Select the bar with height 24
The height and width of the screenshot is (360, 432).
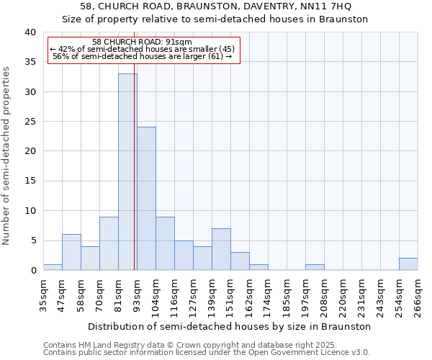(146, 199)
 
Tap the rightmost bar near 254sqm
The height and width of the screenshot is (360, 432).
(408, 264)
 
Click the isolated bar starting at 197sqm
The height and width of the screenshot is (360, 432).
(315, 267)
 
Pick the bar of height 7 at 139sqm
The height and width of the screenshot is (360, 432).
(221, 249)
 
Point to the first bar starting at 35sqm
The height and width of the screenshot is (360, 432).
(53, 267)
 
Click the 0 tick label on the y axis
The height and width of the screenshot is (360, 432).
(32, 271)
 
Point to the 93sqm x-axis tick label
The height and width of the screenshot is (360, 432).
(137, 296)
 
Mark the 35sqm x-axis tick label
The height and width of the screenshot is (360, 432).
(43, 296)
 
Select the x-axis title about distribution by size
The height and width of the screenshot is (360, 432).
(230, 326)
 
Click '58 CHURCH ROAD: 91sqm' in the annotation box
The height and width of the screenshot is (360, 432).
(143, 42)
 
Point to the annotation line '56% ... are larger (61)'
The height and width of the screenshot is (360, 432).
(143, 56)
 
